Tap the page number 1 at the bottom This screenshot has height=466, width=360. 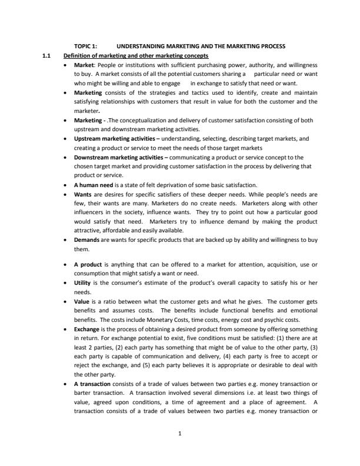[x=179, y=433]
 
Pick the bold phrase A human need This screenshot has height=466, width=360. [x=92, y=185]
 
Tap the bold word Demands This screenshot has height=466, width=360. [x=86, y=240]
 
